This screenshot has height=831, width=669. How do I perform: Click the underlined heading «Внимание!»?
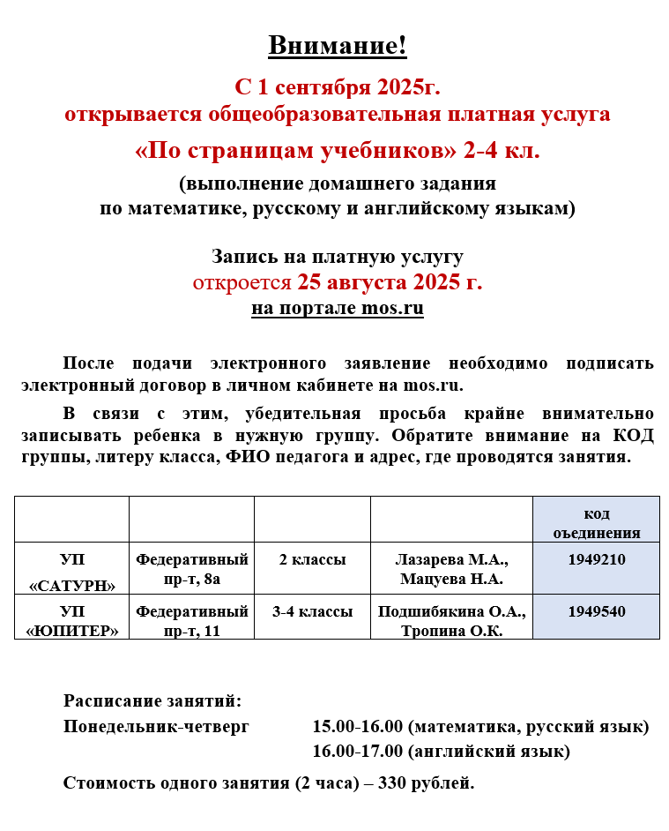(x=338, y=45)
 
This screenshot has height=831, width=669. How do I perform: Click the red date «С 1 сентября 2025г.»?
(x=337, y=87)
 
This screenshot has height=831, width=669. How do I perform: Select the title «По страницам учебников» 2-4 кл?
(x=338, y=151)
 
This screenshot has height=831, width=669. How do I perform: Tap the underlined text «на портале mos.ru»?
(x=338, y=309)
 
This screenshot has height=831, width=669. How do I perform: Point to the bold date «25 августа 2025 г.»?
(x=390, y=283)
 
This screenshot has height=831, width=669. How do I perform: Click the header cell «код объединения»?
(x=596, y=523)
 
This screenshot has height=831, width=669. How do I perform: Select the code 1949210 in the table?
(x=596, y=560)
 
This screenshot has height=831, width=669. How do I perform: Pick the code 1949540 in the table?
(x=596, y=611)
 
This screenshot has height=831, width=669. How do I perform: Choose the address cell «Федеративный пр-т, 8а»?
(x=191, y=569)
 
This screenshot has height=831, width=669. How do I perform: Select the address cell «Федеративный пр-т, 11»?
(x=191, y=620)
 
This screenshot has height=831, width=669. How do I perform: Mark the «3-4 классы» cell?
(x=312, y=611)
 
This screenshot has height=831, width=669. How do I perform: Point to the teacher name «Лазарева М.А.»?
(x=451, y=560)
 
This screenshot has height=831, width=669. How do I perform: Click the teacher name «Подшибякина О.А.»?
(x=451, y=611)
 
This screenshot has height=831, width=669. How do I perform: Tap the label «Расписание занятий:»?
(x=152, y=701)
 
